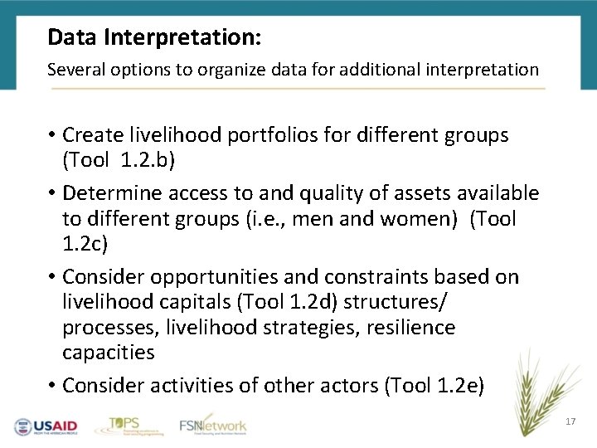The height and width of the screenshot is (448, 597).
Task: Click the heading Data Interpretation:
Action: click(x=154, y=37)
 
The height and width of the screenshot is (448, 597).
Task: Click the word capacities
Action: click(x=109, y=353)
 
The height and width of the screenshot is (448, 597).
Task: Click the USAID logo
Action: click(x=46, y=426)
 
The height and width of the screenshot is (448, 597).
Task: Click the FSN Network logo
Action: click(x=213, y=426)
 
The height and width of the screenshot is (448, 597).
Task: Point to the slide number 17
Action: click(x=570, y=422)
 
